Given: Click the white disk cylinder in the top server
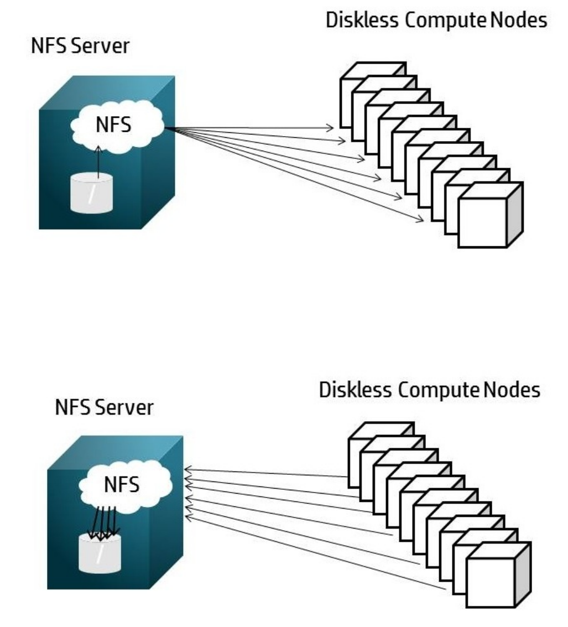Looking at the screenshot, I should click(98, 194).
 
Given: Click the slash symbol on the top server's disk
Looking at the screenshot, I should click(98, 194).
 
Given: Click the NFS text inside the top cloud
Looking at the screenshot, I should click(114, 125).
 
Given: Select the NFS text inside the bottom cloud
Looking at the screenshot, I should click(122, 485).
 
